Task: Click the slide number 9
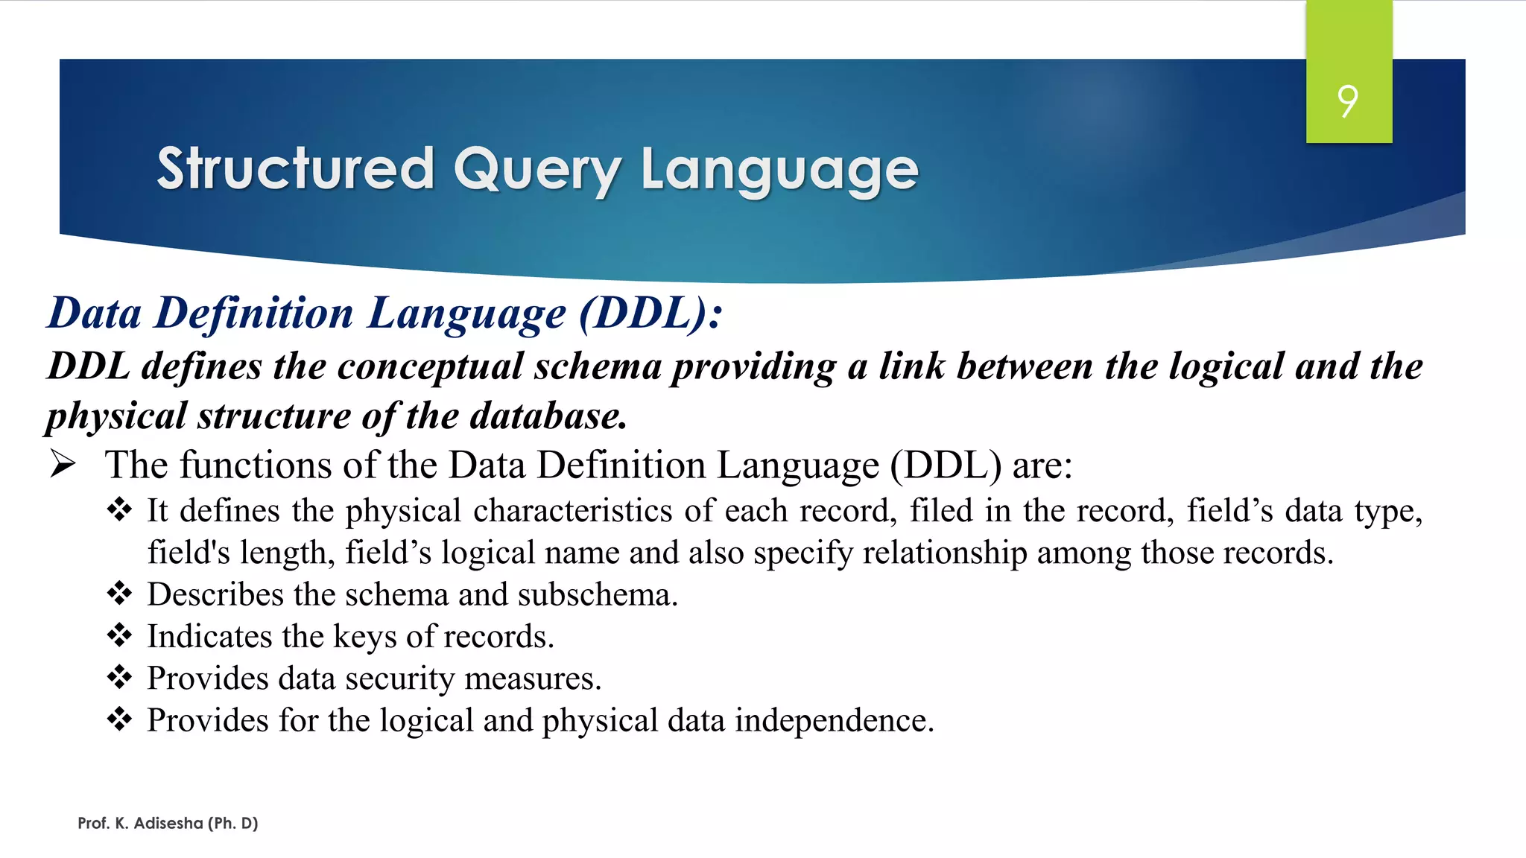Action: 1348,101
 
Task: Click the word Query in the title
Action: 537,170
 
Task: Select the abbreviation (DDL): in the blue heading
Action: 650,313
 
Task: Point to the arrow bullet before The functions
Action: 63,465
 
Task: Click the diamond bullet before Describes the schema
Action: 119,594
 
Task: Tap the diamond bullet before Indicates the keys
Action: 119,636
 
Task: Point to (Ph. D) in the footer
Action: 233,823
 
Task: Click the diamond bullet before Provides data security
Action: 119,678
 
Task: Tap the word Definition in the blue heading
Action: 254,313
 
